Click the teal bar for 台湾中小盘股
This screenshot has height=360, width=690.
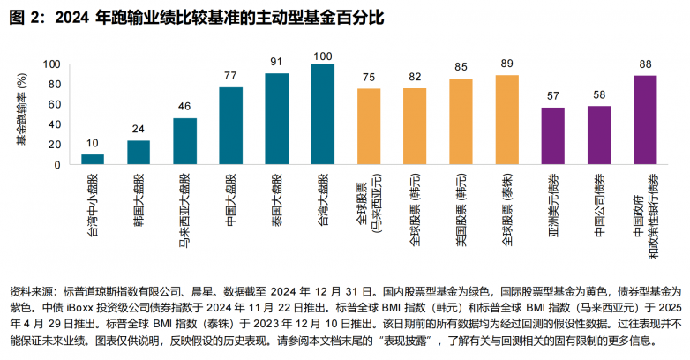pyautogui.click(x=93, y=160)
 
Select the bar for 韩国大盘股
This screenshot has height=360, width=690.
pyautogui.click(x=139, y=153)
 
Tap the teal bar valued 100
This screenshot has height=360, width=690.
pyautogui.click(x=323, y=114)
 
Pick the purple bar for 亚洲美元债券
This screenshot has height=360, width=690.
pyautogui.click(x=552, y=136)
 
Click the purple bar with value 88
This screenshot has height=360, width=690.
pyautogui.click(x=645, y=120)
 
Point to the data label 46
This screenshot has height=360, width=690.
pyautogui.click(x=184, y=107)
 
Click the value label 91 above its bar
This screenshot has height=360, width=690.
pyautogui.click(x=276, y=62)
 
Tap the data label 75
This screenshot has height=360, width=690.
pyautogui.click(x=369, y=77)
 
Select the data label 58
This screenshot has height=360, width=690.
pyautogui.click(x=599, y=94)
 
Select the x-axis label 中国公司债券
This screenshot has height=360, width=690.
pyautogui.click(x=600, y=201)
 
